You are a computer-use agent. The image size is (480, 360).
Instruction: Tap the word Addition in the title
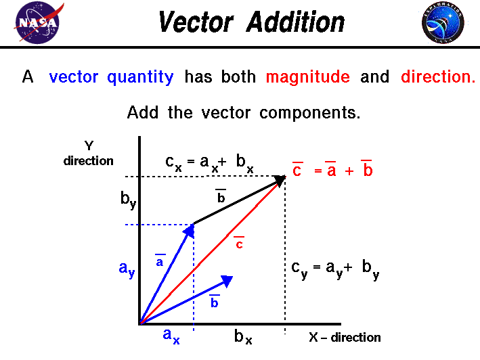coord(295,23)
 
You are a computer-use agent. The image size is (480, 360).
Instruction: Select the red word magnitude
coord(308,77)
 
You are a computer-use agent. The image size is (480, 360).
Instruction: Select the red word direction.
coord(438,77)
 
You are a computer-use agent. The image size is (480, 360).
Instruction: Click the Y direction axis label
coord(89,153)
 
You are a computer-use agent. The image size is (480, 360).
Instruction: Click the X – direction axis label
coord(345,337)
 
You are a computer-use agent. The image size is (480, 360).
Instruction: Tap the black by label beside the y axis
coord(128,200)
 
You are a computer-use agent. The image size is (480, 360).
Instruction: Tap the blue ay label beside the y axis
coord(127,269)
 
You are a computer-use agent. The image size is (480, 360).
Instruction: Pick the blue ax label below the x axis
coord(171,336)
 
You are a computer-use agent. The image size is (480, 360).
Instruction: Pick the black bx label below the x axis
coord(243,336)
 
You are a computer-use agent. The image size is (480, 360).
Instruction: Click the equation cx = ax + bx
coord(209,162)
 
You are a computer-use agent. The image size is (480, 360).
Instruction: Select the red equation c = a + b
coord(332,170)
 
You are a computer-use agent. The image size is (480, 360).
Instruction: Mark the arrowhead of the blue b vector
coord(226,279)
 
